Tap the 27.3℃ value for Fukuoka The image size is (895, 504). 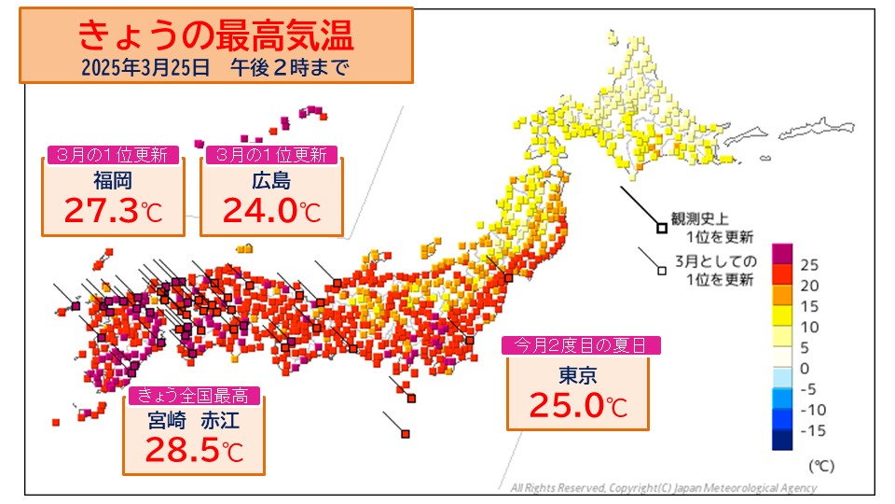pyautogui.click(x=113, y=211)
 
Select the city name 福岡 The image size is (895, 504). pyautogui.click(x=113, y=180)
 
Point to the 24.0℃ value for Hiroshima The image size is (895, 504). pyautogui.click(x=271, y=211)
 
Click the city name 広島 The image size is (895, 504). pyautogui.click(x=271, y=180)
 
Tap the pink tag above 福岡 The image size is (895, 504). pyautogui.click(x=113, y=155)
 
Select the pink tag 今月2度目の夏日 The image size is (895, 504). pyautogui.click(x=582, y=345)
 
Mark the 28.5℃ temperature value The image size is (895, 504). pyautogui.click(x=194, y=451)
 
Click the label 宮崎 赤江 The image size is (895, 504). pyautogui.click(x=194, y=420)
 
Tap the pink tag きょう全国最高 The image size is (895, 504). pyautogui.click(x=194, y=396)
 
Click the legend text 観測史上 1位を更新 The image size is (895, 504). pyautogui.click(x=715, y=225)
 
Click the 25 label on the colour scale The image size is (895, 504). pyautogui.click(x=809, y=264)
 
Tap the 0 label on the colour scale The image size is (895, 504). pyautogui.click(x=805, y=368)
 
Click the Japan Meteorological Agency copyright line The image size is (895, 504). pyautogui.click(x=664, y=487)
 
